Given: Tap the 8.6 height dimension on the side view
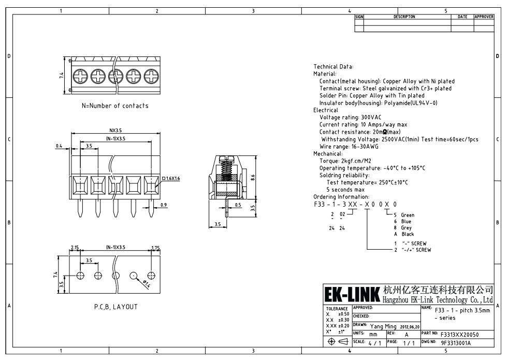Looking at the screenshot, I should [253, 177].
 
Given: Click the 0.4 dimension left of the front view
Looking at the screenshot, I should [59, 146].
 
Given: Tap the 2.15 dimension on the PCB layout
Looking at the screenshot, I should [75, 248].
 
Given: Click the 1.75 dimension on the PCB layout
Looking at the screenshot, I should [155, 248].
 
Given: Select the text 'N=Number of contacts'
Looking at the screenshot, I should [115, 106].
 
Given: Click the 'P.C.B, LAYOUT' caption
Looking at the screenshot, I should [112, 307].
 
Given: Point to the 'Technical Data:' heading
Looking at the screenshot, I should [333, 67].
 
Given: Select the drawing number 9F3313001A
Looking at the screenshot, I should [456, 343].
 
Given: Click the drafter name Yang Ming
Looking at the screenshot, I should [384, 326].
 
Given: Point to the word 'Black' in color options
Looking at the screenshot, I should [408, 234].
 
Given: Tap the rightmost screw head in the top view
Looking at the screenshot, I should [151, 77].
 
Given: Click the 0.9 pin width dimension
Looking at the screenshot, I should [164, 206].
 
